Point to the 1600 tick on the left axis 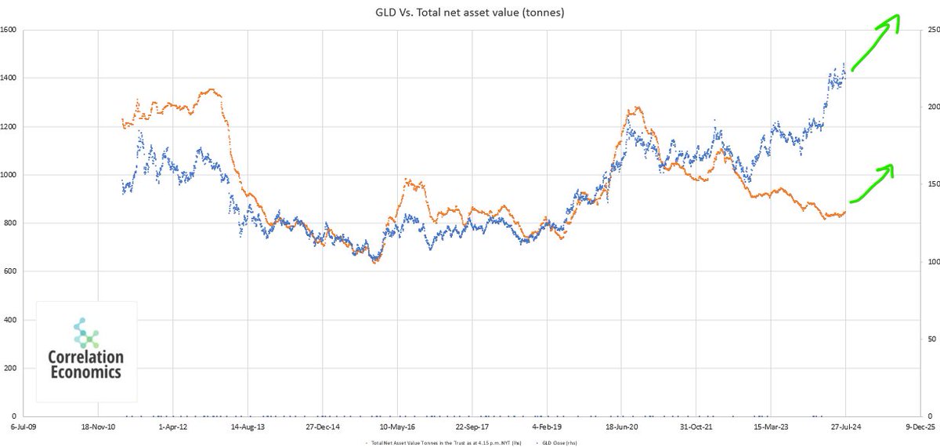point(10,31)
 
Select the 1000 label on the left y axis point(10,175)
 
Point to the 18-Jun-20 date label point(621,428)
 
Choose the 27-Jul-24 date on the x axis point(845,428)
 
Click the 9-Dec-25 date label point(920,428)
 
